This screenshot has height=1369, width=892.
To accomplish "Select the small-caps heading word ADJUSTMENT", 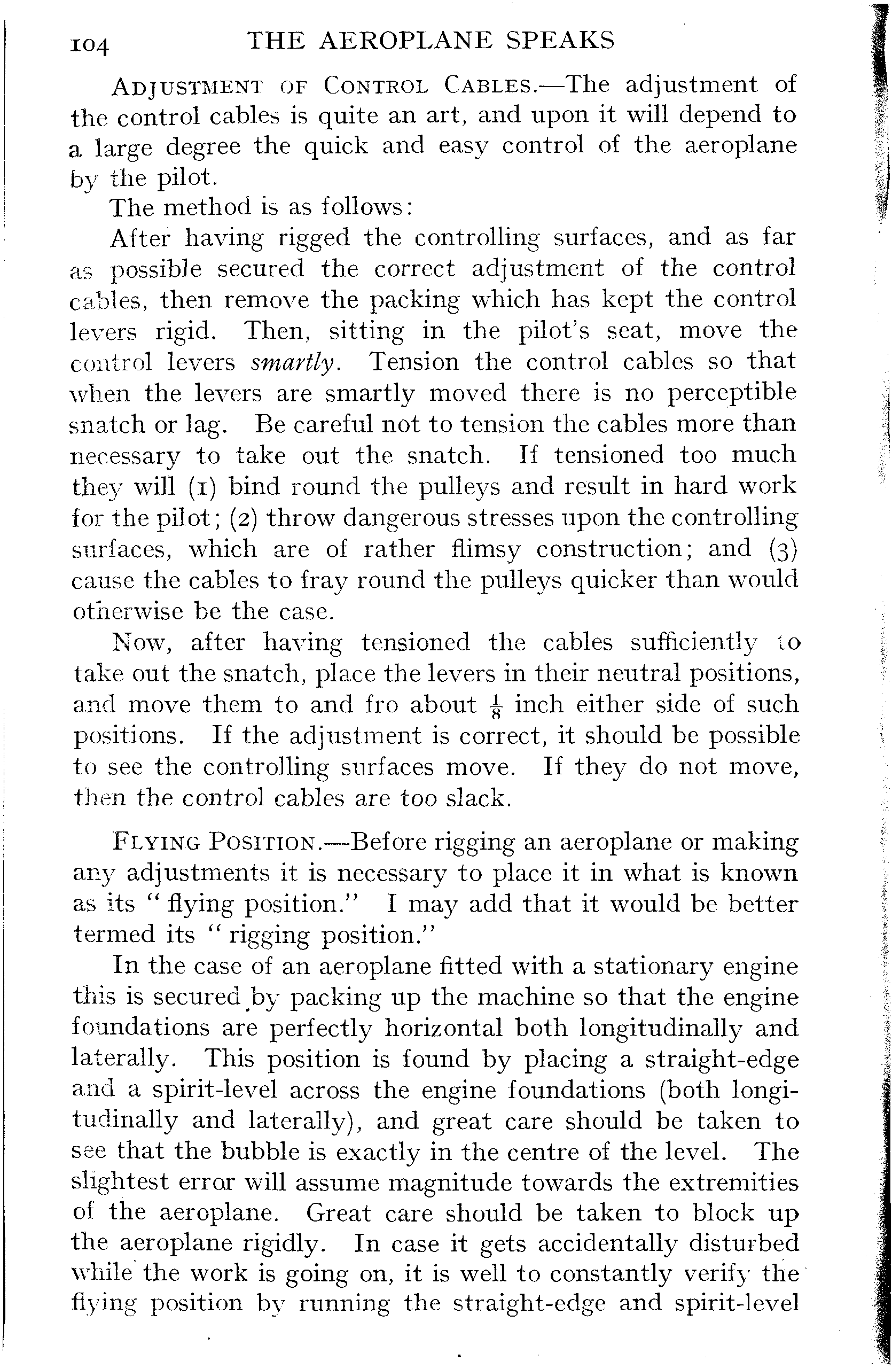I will coord(187,86).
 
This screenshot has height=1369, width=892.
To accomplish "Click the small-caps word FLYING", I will coord(157,843).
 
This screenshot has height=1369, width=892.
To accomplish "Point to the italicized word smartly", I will coord(293,363).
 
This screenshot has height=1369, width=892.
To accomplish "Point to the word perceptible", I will coord(732,393).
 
